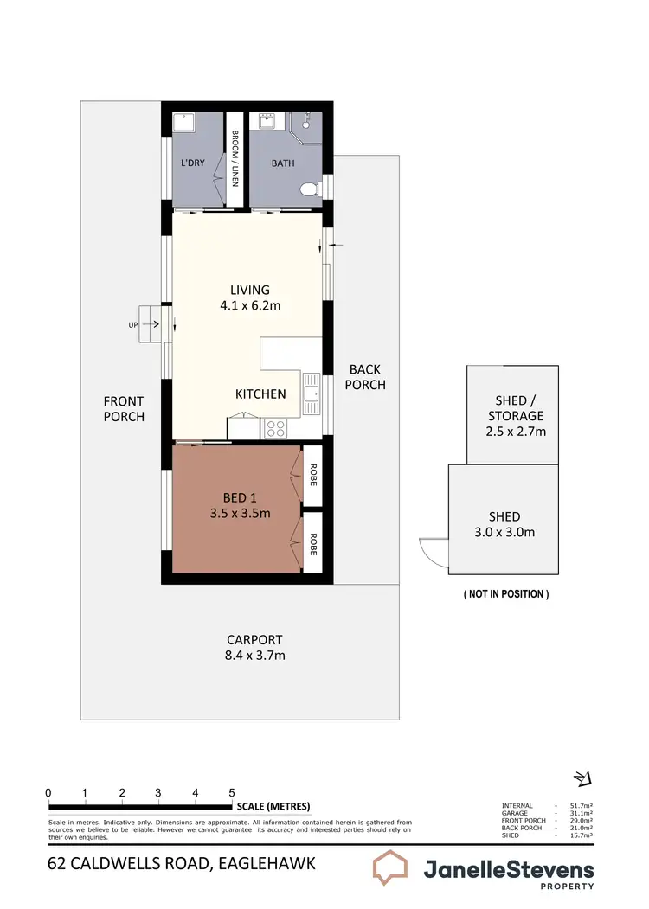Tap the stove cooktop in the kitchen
coord(276,426)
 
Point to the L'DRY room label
coord(193,163)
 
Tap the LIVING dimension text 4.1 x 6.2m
coord(250,305)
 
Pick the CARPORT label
coord(254,640)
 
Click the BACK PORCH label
coord(365,377)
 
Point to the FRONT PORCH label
coord(124,408)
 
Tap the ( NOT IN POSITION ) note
coord(505,594)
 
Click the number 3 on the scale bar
coord(158,792)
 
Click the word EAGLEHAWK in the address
coord(264,862)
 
